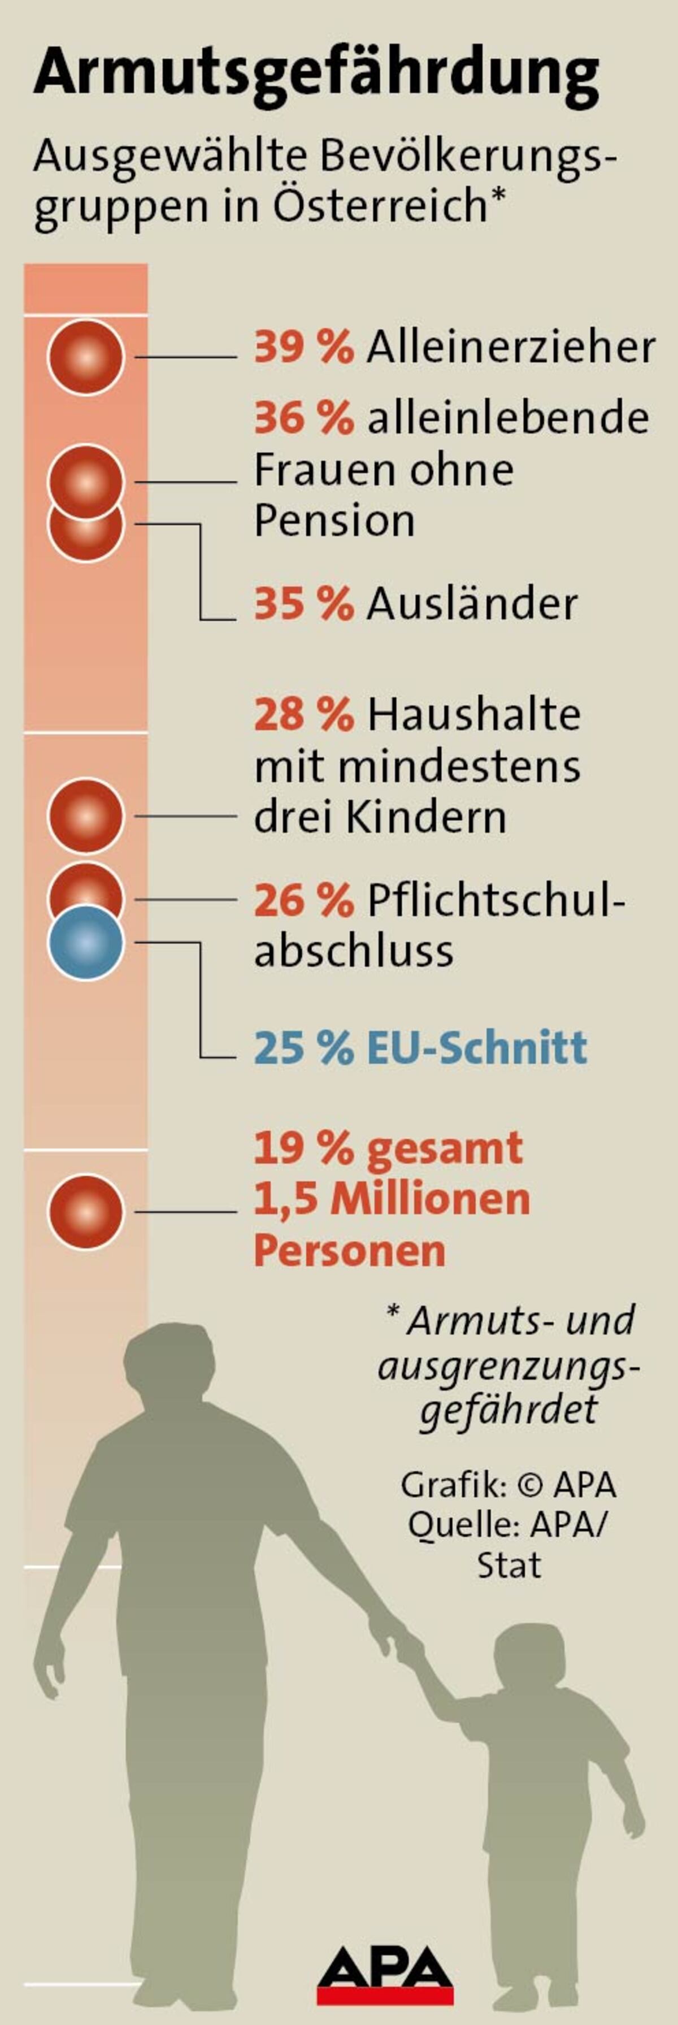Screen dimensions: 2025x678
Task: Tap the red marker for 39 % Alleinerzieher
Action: point(86,357)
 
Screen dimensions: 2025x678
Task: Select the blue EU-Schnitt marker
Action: point(86,943)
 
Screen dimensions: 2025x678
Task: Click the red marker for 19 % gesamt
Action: point(86,1211)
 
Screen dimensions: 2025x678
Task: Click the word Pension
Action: point(334,521)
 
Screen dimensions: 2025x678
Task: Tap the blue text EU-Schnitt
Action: point(477,1048)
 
